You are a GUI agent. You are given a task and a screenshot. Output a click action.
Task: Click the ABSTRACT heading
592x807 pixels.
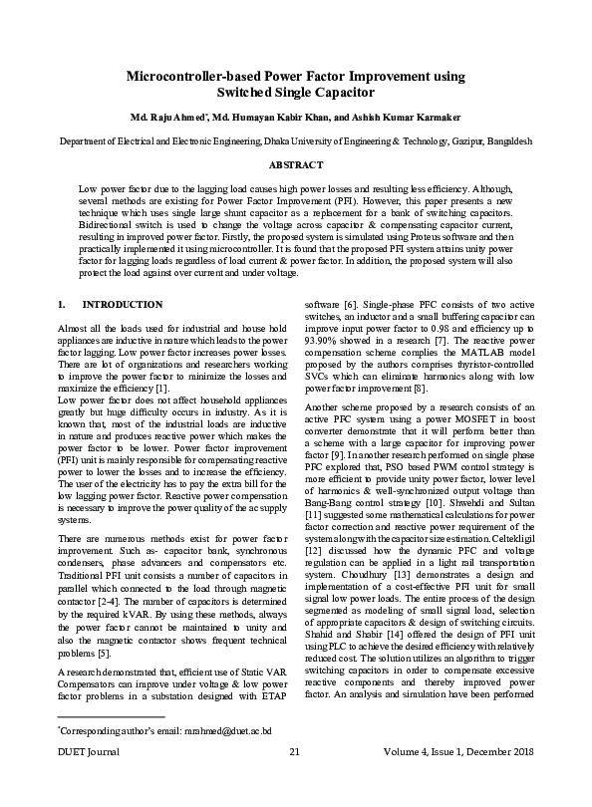296,164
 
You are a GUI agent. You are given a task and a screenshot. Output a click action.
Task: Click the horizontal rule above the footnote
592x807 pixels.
111,743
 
